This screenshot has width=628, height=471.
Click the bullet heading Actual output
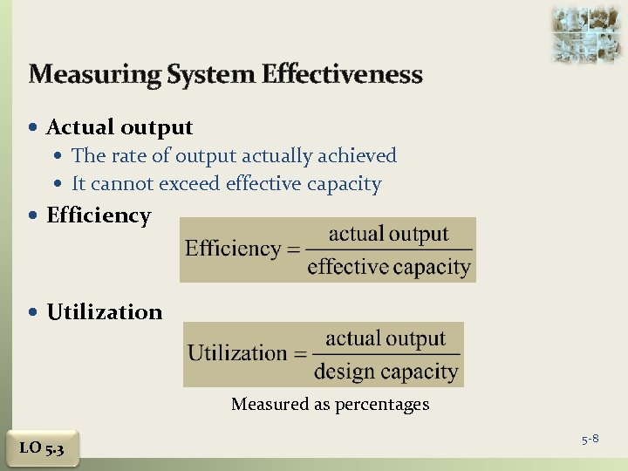tap(119, 127)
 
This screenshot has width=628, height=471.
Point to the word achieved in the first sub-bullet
tap(355, 156)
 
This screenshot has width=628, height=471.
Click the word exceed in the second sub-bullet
tap(190, 184)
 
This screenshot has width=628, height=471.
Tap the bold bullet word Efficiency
tap(99, 215)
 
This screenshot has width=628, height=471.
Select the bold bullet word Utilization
tap(105, 312)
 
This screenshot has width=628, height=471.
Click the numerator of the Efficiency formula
tap(388, 234)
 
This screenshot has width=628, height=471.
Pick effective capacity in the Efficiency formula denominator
tap(389, 266)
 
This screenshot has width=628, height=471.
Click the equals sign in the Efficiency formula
tap(293, 249)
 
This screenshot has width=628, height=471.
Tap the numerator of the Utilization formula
tap(386, 338)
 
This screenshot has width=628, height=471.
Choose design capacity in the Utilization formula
tap(386, 371)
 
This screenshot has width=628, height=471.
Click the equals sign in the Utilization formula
tap(300, 354)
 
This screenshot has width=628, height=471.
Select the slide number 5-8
tap(590, 439)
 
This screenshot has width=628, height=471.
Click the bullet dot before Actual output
tap(34, 128)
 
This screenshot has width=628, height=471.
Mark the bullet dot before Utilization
tap(34, 312)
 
